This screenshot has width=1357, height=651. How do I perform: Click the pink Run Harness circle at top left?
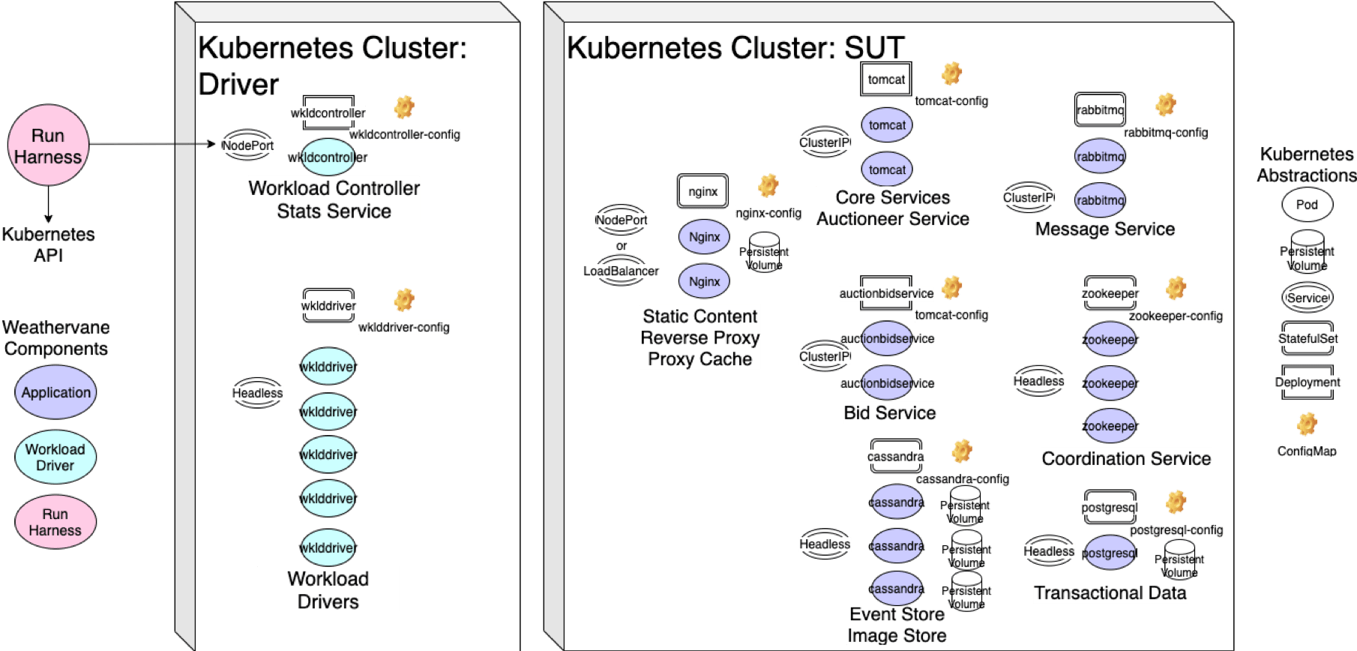tap(48, 145)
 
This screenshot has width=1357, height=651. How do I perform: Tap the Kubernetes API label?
tap(48, 244)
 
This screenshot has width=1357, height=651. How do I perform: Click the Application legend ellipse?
tap(55, 392)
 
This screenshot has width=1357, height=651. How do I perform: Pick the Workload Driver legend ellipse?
tap(55, 457)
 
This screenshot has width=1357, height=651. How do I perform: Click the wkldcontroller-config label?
tap(404, 134)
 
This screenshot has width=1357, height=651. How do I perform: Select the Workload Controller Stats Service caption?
tap(334, 199)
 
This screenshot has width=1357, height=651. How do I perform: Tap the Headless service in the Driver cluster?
tap(257, 393)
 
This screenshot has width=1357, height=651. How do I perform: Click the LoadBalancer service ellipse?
tap(621, 271)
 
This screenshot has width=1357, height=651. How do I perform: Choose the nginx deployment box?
tap(702, 191)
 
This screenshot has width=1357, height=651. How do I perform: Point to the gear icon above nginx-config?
tap(768, 185)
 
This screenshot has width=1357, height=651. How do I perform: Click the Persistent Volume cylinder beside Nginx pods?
tap(764, 252)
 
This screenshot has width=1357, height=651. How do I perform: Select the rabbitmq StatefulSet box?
tap(1100, 110)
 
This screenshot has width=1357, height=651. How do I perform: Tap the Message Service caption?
tap(1104, 229)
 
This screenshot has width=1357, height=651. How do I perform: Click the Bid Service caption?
tap(889, 412)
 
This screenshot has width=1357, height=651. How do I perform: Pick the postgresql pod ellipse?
tap(1110, 553)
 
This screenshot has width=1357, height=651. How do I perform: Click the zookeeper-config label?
tap(1176, 316)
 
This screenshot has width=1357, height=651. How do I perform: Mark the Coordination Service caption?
tap(1126, 458)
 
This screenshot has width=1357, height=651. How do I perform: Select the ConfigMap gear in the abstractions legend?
tap(1307, 424)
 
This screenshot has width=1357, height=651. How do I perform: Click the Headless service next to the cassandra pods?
tap(825, 544)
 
